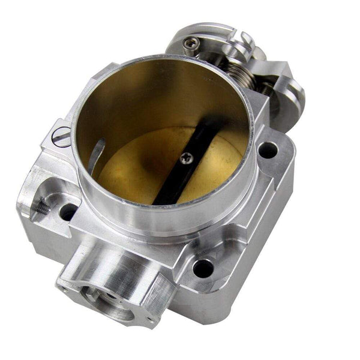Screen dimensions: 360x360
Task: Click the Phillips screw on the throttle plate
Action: (186, 157)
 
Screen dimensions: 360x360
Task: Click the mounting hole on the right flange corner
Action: (268, 149)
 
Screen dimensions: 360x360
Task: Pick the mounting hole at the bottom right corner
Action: (202, 268)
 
